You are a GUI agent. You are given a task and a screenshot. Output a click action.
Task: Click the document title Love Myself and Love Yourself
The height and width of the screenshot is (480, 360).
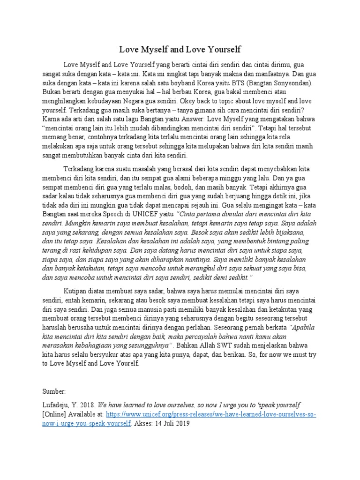(180, 49)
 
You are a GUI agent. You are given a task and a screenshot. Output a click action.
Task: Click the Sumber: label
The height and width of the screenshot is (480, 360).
(55, 390)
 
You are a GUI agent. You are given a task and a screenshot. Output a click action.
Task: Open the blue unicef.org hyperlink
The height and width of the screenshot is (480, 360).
(211, 415)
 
